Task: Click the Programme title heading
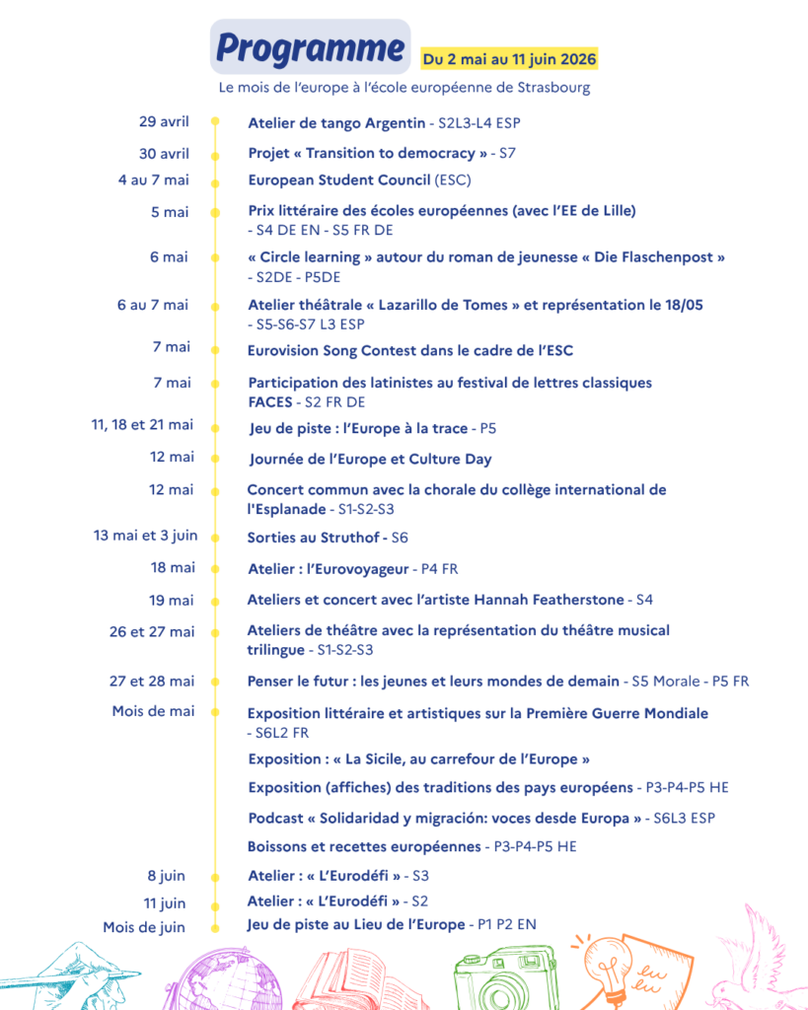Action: [310, 47]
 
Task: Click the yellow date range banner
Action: [509, 59]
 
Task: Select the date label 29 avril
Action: [164, 122]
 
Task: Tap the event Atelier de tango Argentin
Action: [336, 123]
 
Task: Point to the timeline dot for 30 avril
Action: [215, 155]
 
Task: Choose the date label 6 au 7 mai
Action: [153, 305]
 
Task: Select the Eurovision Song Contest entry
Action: [409, 350]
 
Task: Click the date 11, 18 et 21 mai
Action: [142, 425]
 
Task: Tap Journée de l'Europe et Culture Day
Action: [370, 459]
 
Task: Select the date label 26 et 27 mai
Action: [152, 631]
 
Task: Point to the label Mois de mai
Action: [153, 711]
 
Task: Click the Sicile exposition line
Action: [418, 759]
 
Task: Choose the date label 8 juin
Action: [167, 876]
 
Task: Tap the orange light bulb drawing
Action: [609, 975]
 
